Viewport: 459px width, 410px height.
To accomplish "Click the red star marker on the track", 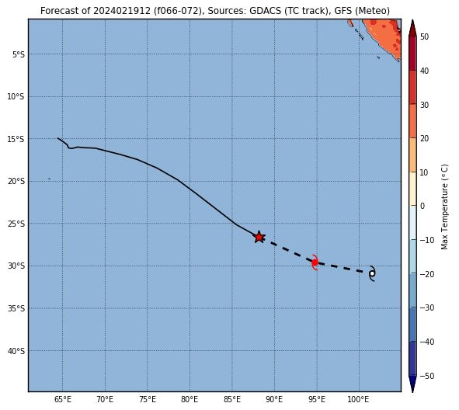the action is pos(259,237).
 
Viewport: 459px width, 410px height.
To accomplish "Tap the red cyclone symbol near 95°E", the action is pos(315,262).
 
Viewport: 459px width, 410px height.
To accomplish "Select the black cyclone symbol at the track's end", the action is pos(372,273).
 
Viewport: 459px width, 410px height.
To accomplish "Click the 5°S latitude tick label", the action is pos(19,54).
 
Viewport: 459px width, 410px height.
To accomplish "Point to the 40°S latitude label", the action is pos(16,351).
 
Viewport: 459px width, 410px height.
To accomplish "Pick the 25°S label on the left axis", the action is pos(16,224).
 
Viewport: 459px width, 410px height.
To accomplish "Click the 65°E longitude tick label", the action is pos(63,399).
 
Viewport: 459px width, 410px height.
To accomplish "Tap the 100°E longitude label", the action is pos(358,399).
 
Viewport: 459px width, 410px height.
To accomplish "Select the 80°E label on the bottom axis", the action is pos(190,399).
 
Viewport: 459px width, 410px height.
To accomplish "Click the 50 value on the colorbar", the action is pos(424,36).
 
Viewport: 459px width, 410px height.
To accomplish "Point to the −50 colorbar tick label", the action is pos(427,376).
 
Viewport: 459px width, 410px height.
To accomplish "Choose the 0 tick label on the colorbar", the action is pos(422,206).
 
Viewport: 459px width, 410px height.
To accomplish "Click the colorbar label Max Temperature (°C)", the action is pos(444,207).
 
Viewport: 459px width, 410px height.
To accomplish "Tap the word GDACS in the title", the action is pos(266,11).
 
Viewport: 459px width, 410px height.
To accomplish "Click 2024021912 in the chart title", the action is pos(122,11).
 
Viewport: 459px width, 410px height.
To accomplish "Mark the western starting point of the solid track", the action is pos(58,138).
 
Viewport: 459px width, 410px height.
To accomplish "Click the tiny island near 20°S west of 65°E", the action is pos(49,179).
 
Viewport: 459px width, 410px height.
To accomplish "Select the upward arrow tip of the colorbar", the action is pos(412,20).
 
